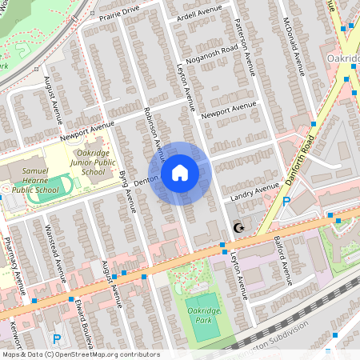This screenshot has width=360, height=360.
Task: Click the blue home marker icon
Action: coord(180,173)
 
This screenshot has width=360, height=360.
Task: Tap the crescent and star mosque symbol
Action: coord(237,228)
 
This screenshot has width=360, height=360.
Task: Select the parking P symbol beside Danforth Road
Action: coord(286,202)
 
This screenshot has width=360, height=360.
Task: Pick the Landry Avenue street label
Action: coord(254,191)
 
